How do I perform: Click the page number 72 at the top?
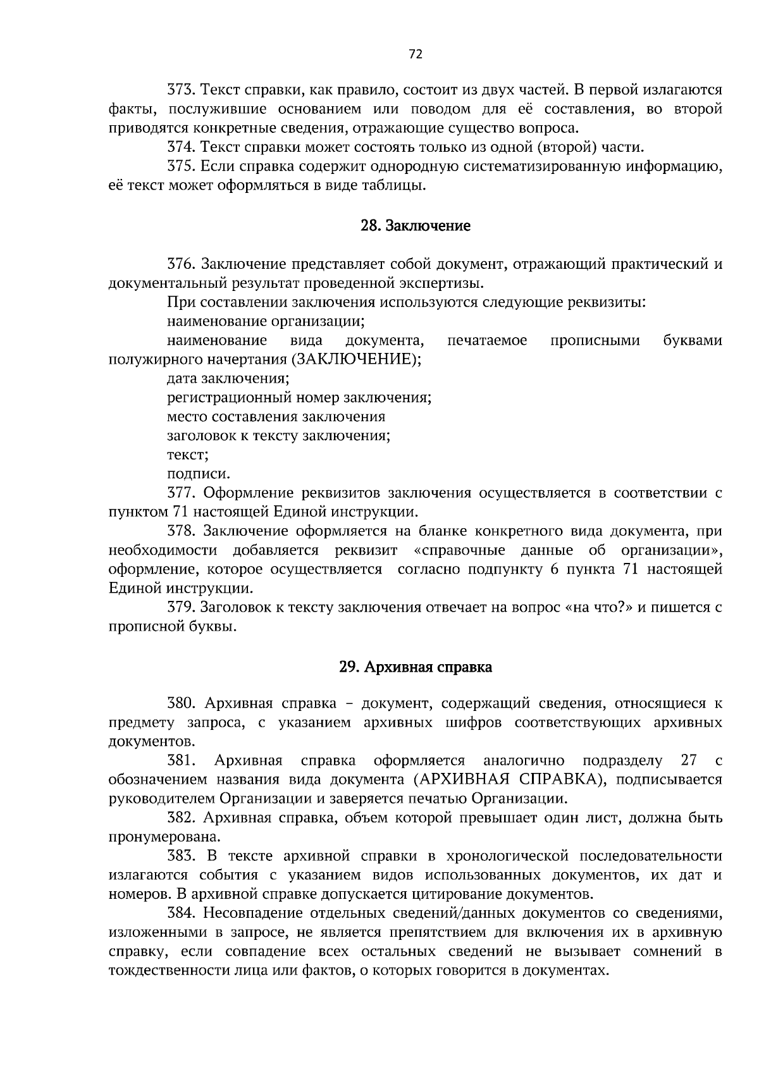click(415, 54)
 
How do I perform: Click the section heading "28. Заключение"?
click(415, 225)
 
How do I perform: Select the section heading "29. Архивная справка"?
click(415, 667)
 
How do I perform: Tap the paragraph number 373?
click(180, 91)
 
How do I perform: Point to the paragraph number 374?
click(180, 148)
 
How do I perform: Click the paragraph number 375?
click(180, 167)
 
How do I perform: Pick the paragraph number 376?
click(180, 264)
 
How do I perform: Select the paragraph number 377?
click(180, 493)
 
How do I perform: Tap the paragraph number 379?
click(180, 608)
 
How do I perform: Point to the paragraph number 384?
click(180, 913)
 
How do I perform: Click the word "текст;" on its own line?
click(188, 455)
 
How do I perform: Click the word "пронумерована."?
click(164, 837)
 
